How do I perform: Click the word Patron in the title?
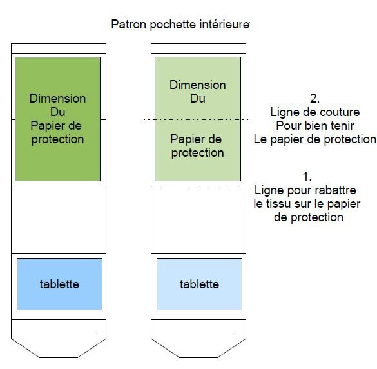(x=128, y=25)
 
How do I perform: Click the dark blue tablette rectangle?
(x=60, y=284)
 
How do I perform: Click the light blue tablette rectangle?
(x=199, y=284)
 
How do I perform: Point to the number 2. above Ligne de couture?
(x=314, y=99)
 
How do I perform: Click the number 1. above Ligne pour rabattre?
(x=307, y=177)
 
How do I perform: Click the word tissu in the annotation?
(x=278, y=204)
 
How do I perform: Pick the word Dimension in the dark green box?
(x=58, y=99)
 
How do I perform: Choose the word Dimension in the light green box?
(x=198, y=85)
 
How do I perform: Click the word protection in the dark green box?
(x=58, y=139)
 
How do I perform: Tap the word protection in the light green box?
(x=198, y=153)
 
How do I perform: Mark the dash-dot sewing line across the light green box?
(x=196, y=119)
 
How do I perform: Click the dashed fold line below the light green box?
(x=195, y=186)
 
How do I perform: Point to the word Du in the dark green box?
(x=58, y=112)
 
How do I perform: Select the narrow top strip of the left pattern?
(x=59, y=48)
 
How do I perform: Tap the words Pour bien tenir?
(x=315, y=126)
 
